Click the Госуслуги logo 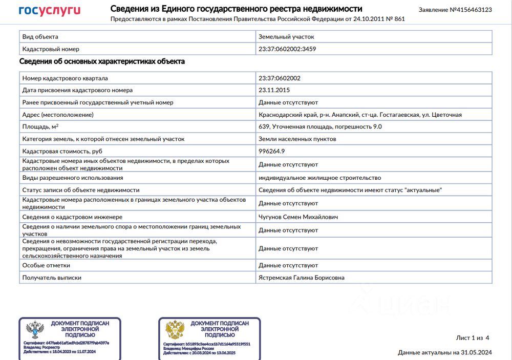click(x=50, y=11)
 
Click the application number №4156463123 click(x=455, y=10)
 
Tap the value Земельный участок click(x=286, y=37)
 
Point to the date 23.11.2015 click(x=274, y=90)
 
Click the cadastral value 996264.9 click(x=272, y=151)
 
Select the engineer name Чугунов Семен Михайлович click(x=298, y=217)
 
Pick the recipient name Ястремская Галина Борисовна click(x=302, y=278)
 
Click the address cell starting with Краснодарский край click(x=360, y=115)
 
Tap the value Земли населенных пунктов click(x=297, y=139)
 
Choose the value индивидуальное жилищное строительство click(x=319, y=178)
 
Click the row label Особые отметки click(x=46, y=265)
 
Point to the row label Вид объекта click(x=40, y=37)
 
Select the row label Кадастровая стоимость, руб click(x=62, y=151)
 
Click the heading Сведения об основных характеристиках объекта click(x=102, y=61)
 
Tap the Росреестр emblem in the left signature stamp click(x=35, y=330)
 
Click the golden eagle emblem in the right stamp click(x=175, y=330)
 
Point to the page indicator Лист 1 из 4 click(x=473, y=338)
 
